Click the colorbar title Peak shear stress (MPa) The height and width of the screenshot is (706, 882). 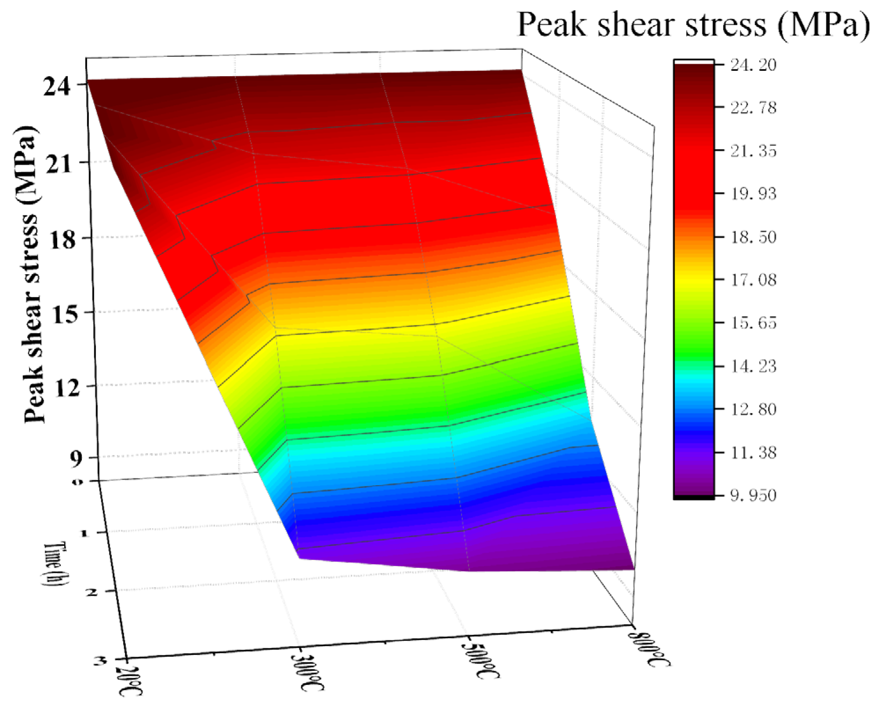[694, 25]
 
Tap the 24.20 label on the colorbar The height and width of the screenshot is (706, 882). [753, 65]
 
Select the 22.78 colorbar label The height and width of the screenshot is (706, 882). [753, 108]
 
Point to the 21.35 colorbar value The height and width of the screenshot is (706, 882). [753, 151]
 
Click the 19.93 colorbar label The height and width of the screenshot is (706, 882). [753, 194]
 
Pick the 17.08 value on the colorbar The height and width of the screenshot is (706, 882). [753, 280]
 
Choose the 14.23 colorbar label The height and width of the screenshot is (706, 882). [753, 366]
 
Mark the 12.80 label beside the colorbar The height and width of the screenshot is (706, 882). [753, 409]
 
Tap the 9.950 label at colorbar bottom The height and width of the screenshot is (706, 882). [753, 496]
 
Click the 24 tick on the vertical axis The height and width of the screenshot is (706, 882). [57, 87]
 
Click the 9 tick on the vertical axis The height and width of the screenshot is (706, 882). [76, 459]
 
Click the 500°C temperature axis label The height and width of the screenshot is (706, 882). [481, 660]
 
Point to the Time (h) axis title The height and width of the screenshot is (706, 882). [56, 564]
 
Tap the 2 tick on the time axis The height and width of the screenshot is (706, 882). [92, 592]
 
